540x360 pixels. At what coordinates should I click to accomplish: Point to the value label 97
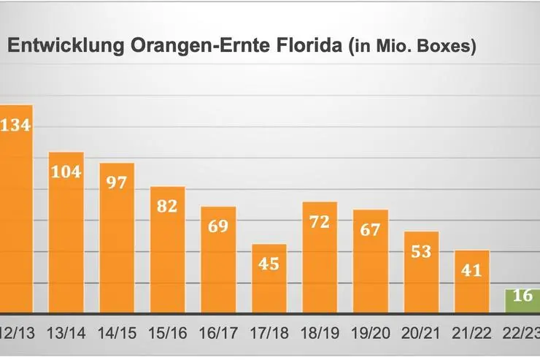coord(117,182)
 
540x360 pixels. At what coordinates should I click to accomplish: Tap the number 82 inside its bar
coord(168,206)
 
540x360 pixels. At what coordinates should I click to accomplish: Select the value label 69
coord(218,226)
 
